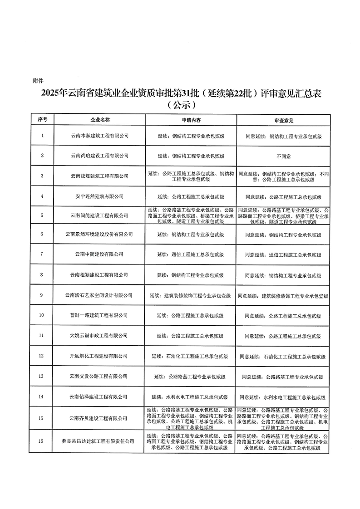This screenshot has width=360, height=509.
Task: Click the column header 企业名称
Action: click(x=100, y=120)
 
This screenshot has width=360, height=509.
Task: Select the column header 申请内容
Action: click(x=191, y=120)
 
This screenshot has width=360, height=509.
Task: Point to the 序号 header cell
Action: click(x=42, y=120)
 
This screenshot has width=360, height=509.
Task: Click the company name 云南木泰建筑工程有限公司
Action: click(x=100, y=136)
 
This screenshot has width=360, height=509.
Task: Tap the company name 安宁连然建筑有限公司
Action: click(x=100, y=196)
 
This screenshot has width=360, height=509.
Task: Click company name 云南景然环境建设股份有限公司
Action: click(x=100, y=235)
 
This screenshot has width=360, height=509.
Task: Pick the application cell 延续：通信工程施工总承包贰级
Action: click(x=191, y=254)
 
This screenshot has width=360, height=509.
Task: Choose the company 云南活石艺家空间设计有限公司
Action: click(x=100, y=295)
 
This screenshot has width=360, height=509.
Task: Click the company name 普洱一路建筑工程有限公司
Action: click(x=100, y=315)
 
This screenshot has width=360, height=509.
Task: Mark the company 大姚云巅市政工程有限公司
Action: click(x=100, y=336)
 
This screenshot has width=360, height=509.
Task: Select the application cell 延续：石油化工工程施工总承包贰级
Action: click(x=191, y=356)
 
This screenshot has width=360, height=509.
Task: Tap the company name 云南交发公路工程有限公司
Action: click(x=100, y=377)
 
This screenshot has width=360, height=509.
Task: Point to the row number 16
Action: click(x=42, y=440)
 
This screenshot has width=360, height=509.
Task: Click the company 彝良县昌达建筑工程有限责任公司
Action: click(x=100, y=440)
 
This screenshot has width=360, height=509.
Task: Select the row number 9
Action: click(x=42, y=295)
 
